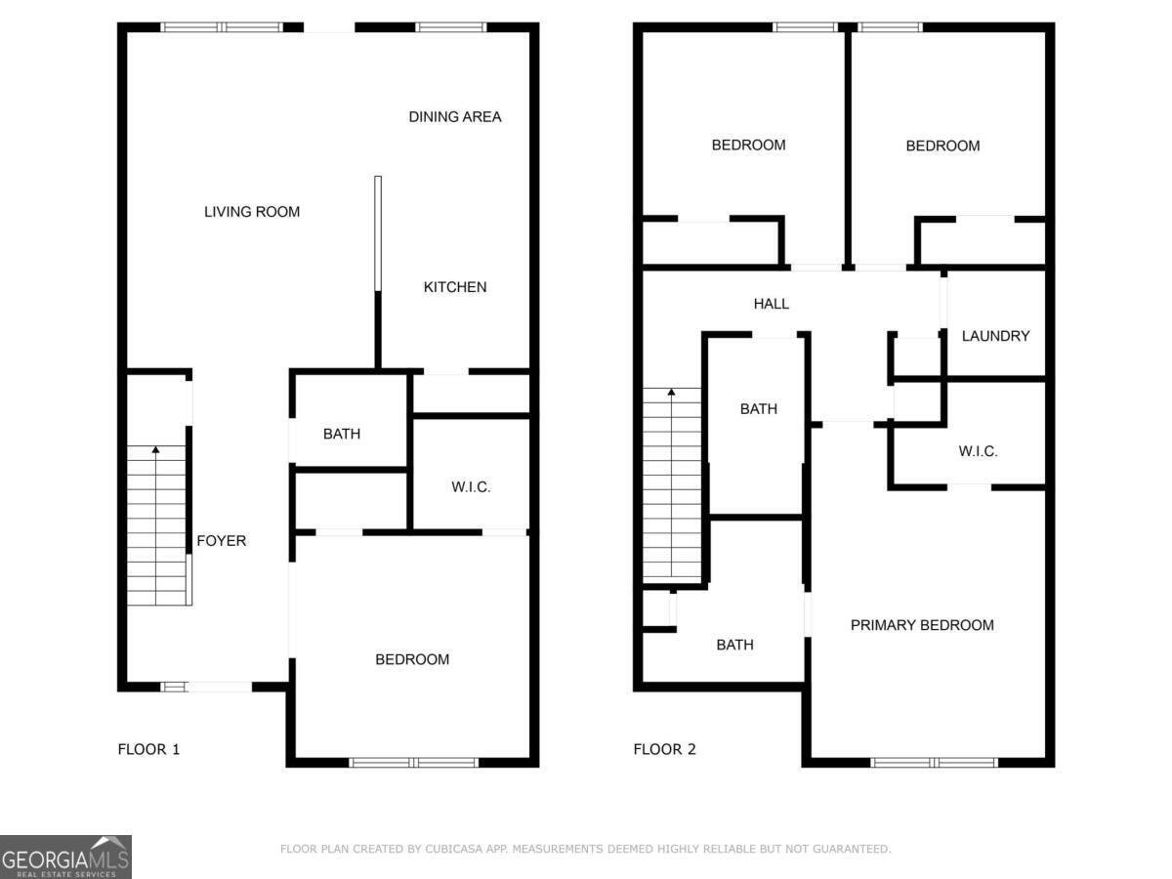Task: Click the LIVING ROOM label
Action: point(251,212)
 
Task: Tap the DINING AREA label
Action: point(454,117)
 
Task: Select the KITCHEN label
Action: point(454,287)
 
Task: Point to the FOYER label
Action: point(222,541)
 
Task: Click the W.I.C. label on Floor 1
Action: point(471,486)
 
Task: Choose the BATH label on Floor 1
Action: point(341,434)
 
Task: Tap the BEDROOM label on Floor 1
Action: point(412,660)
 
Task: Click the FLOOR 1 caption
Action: point(148,750)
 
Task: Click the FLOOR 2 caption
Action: point(664,750)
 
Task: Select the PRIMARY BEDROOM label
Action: point(922,625)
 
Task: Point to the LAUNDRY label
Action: point(995,336)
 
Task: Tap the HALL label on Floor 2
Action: point(771,305)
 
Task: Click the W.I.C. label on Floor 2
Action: point(978,451)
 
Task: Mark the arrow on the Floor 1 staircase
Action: point(156,451)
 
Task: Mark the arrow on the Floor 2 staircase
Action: point(672,394)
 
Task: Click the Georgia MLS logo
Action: point(65,857)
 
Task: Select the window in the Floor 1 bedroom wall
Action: point(413,762)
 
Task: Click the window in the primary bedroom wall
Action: point(934,762)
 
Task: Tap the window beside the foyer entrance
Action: point(174,688)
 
